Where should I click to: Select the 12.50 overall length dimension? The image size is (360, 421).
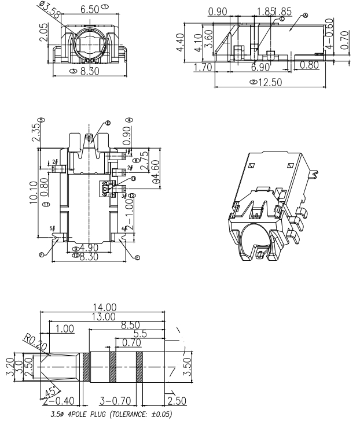coord(269,82)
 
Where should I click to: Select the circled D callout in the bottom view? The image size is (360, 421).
coord(133,179)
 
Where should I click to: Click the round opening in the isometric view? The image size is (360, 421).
coord(258,239)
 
